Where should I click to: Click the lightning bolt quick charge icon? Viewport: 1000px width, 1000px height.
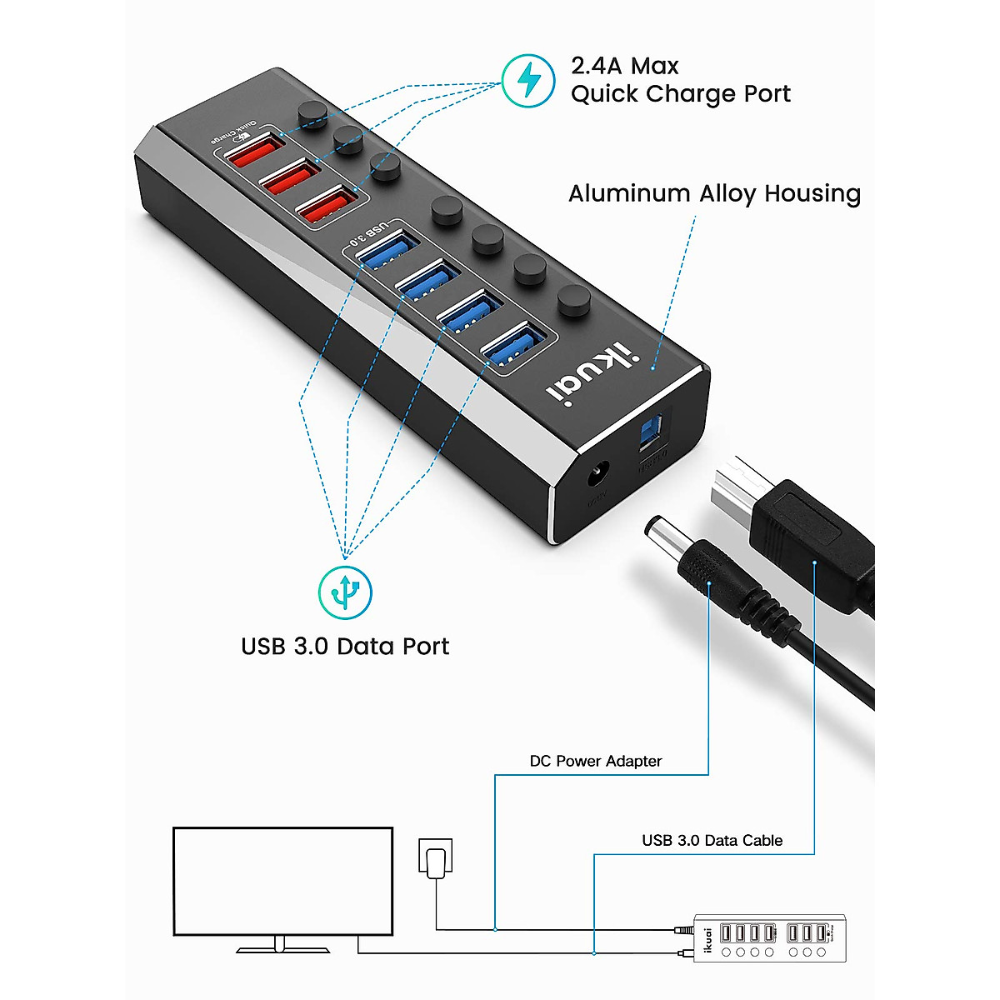(528, 80)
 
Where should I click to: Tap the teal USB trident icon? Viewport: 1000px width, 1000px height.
(345, 592)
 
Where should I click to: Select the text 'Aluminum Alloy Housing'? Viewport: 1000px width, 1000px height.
(714, 193)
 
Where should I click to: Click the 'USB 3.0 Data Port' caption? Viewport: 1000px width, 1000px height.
(344, 647)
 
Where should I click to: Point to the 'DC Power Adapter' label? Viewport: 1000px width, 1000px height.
(595, 761)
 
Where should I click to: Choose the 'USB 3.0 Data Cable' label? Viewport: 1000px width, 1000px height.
(712, 840)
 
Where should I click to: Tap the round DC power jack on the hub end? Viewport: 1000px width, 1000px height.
(597, 477)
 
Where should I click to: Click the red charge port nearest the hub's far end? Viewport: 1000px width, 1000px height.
(252, 151)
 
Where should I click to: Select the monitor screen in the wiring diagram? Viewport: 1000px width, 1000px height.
(282, 881)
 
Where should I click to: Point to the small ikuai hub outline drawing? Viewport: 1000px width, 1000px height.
(769, 937)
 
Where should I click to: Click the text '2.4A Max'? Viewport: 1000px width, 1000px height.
(624, 66)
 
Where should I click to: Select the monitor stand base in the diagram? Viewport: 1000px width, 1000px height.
(278, 948)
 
